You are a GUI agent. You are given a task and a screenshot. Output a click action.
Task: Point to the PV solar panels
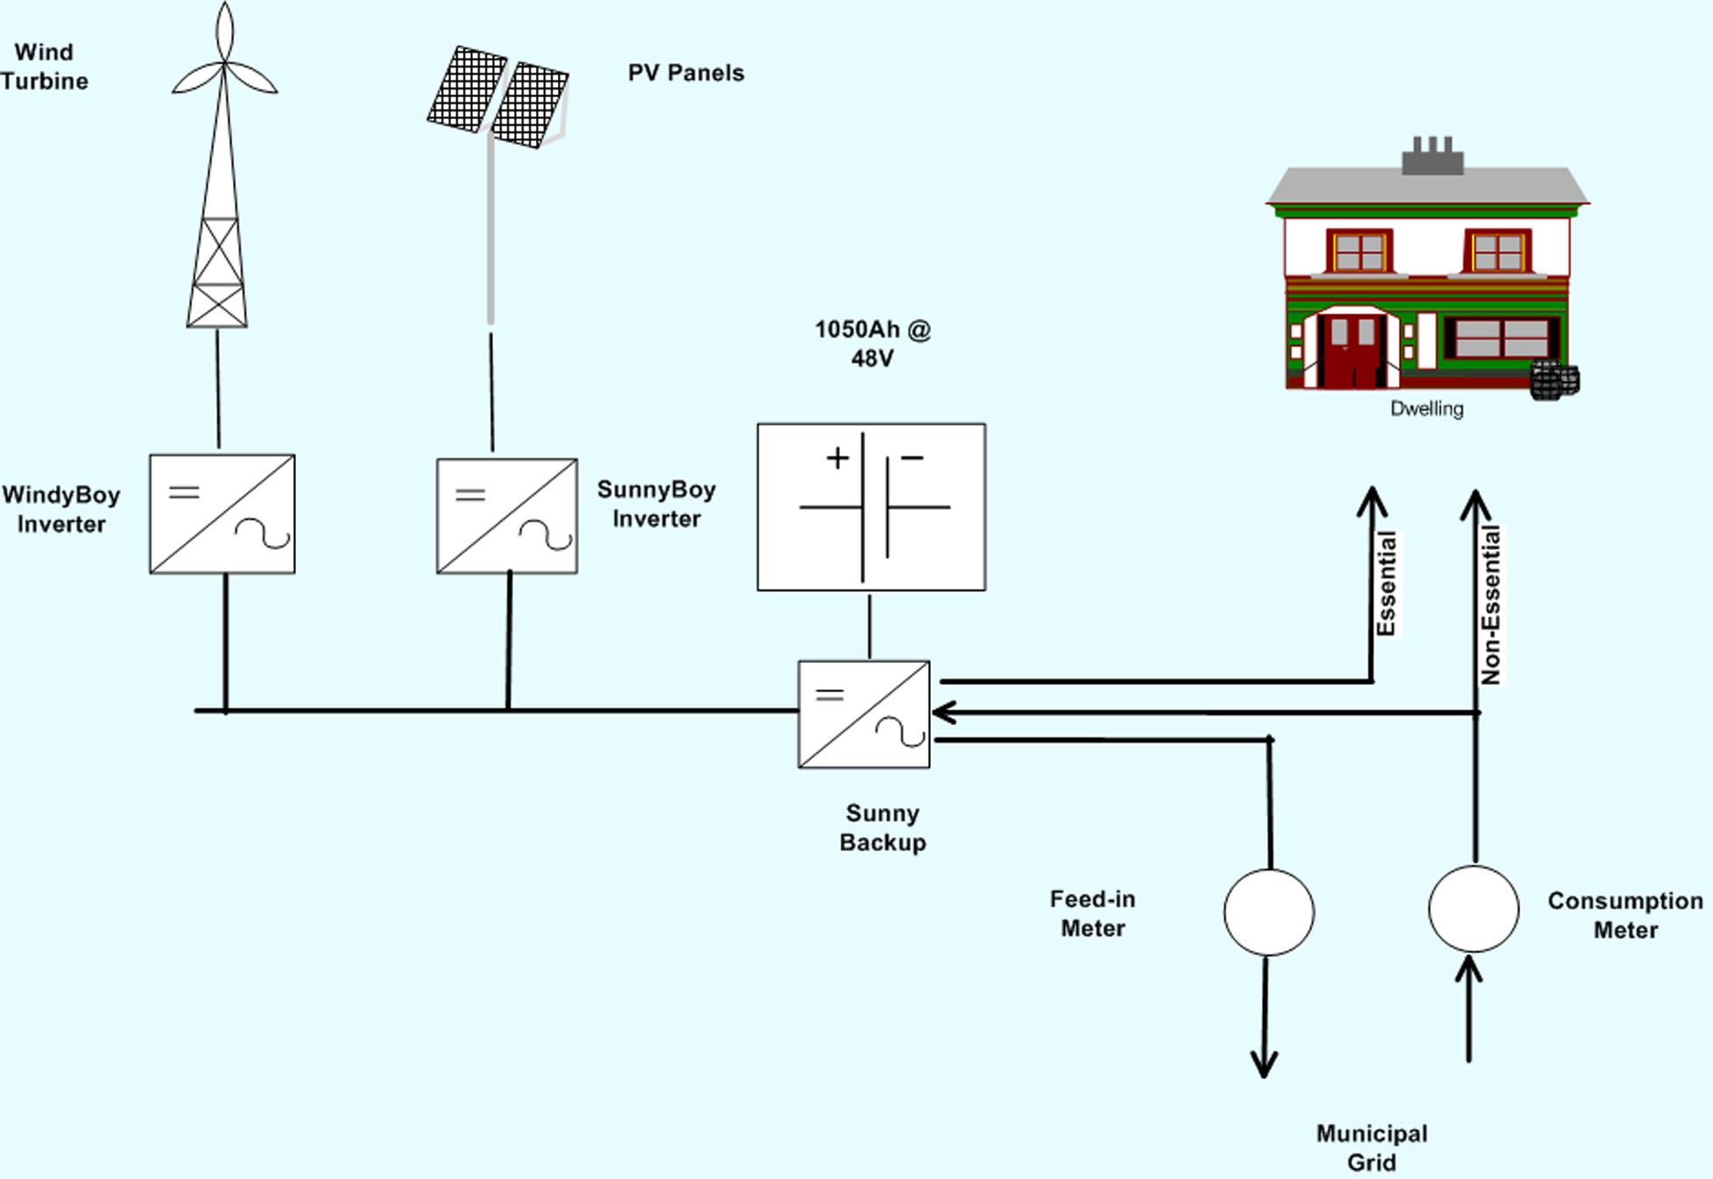498,97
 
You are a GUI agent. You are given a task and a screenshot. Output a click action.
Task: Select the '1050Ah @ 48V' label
873,343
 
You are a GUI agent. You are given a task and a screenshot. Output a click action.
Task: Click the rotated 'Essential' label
1386,583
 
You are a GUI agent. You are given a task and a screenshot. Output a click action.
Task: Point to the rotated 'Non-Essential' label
1491,604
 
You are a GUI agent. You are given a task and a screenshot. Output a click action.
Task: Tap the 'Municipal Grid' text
1371,1147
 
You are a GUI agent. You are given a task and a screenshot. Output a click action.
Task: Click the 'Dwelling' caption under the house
1427,408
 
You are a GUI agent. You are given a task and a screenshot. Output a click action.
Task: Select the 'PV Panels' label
686,73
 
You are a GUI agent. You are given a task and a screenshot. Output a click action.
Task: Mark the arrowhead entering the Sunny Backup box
943,713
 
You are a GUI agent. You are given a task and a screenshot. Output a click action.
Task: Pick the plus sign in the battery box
838,457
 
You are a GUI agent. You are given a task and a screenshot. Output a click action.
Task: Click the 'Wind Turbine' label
45,67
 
